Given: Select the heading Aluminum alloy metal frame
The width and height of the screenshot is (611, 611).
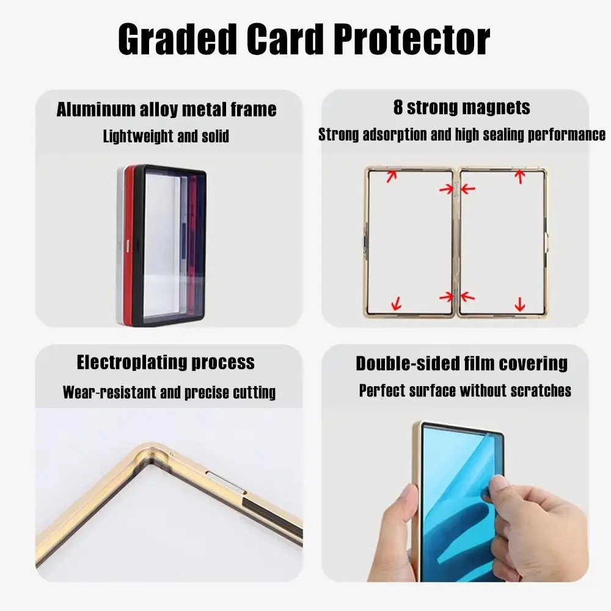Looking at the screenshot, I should point(166,110).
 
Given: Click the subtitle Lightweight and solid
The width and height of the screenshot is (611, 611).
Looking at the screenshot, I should point(166,136).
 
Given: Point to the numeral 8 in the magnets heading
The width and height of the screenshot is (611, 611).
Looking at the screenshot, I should point(398,108).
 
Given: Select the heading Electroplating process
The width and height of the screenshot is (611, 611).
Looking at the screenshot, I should point(166,362).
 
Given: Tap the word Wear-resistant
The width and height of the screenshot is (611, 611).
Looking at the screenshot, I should point(109,392).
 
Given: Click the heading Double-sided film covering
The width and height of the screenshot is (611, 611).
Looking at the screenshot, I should point(462,364).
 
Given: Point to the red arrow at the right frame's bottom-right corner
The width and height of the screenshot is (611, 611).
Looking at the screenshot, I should point(520,304).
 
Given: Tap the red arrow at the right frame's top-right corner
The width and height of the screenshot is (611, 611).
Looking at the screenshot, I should point(520,176).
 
